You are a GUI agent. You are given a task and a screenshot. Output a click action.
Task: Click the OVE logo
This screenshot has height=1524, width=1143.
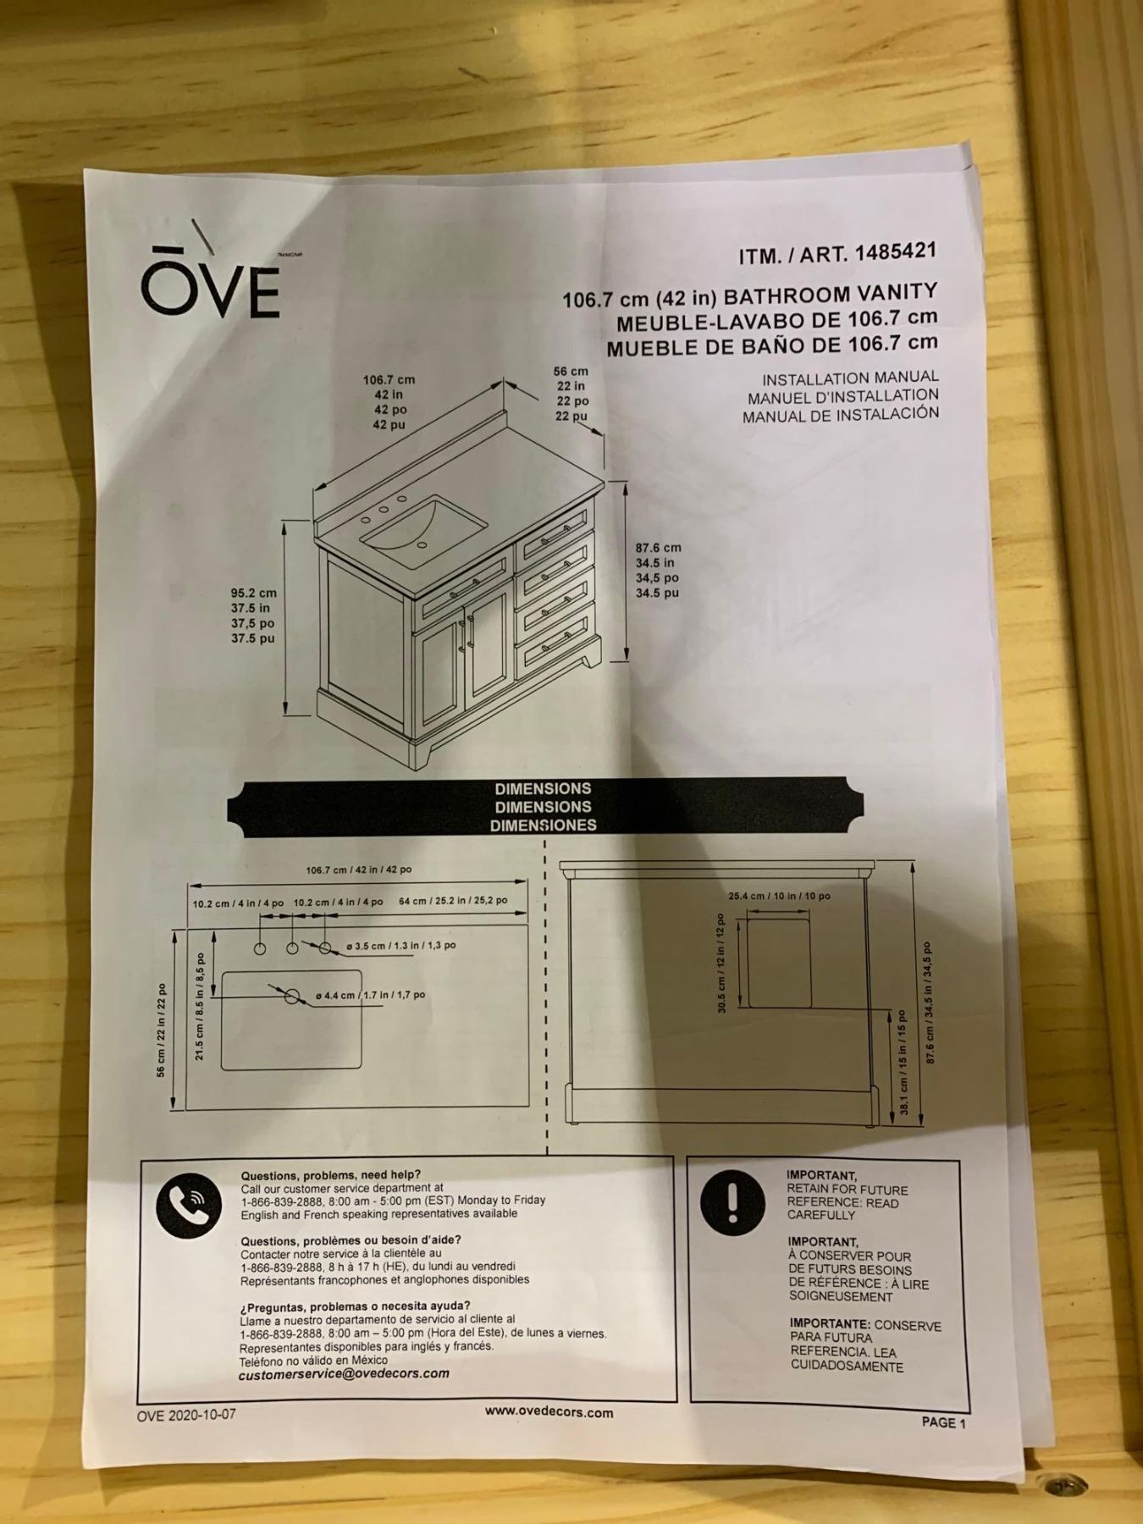210,284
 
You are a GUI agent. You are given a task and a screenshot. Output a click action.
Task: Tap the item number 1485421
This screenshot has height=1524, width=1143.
896,252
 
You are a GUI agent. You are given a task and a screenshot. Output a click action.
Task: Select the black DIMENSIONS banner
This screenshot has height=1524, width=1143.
544,806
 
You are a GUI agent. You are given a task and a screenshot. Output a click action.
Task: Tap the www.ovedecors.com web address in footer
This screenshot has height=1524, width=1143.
549,1412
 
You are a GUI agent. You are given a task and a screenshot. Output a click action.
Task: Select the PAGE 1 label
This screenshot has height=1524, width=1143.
943,1422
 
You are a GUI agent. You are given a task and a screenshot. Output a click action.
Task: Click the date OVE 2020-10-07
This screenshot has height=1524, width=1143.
186,1415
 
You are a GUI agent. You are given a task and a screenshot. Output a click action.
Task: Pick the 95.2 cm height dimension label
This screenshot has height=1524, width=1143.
254,594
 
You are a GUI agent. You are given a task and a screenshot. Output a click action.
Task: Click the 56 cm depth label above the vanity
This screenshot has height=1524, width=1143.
571,371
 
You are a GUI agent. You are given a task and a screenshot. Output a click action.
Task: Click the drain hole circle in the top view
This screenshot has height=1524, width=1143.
292,996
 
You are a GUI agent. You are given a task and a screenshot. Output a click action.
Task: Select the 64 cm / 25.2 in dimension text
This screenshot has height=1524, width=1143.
453,901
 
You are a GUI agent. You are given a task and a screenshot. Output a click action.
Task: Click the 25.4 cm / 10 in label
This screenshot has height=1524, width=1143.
779,896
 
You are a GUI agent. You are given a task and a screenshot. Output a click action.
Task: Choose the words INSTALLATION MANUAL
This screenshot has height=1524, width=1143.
850,378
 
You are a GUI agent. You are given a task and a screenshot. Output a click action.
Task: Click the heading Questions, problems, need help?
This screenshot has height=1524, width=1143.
330,1175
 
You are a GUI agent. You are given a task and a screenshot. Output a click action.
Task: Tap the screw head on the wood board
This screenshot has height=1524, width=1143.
1054,1485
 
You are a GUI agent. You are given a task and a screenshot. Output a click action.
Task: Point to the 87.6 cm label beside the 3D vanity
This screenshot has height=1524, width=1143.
659,548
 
